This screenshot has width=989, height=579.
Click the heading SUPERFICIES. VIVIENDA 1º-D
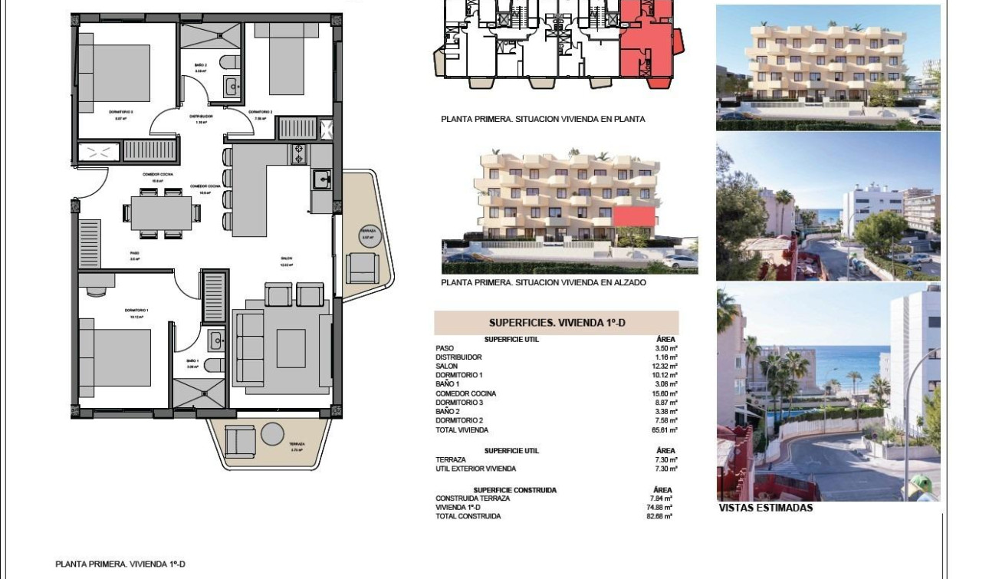[x=557, y=323]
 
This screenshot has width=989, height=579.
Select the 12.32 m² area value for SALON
[x=664, y=367]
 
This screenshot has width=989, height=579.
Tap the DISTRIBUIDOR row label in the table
[x=458, y=357]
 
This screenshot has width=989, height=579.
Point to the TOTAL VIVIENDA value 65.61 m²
[x=664, y=430]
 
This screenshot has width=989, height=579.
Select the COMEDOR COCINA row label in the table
[x=465, y=393]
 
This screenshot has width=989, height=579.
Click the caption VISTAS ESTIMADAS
[x=765, y=508]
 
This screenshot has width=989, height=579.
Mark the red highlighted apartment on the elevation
[x=635, y=216]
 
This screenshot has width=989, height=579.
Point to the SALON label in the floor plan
[x=287, y=258]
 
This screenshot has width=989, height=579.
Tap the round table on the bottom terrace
[x=272, y=434]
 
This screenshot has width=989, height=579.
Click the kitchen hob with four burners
[x=299, y=154]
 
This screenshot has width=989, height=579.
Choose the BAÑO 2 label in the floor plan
[x=200, y=66]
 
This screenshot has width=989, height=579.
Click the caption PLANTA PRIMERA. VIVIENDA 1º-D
[x=120, y=564]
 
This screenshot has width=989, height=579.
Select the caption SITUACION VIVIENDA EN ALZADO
[x=544, y=283]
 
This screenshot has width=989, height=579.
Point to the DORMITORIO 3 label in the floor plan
[x=124, y=112]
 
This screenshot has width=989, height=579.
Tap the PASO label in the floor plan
[x=133, y=252]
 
